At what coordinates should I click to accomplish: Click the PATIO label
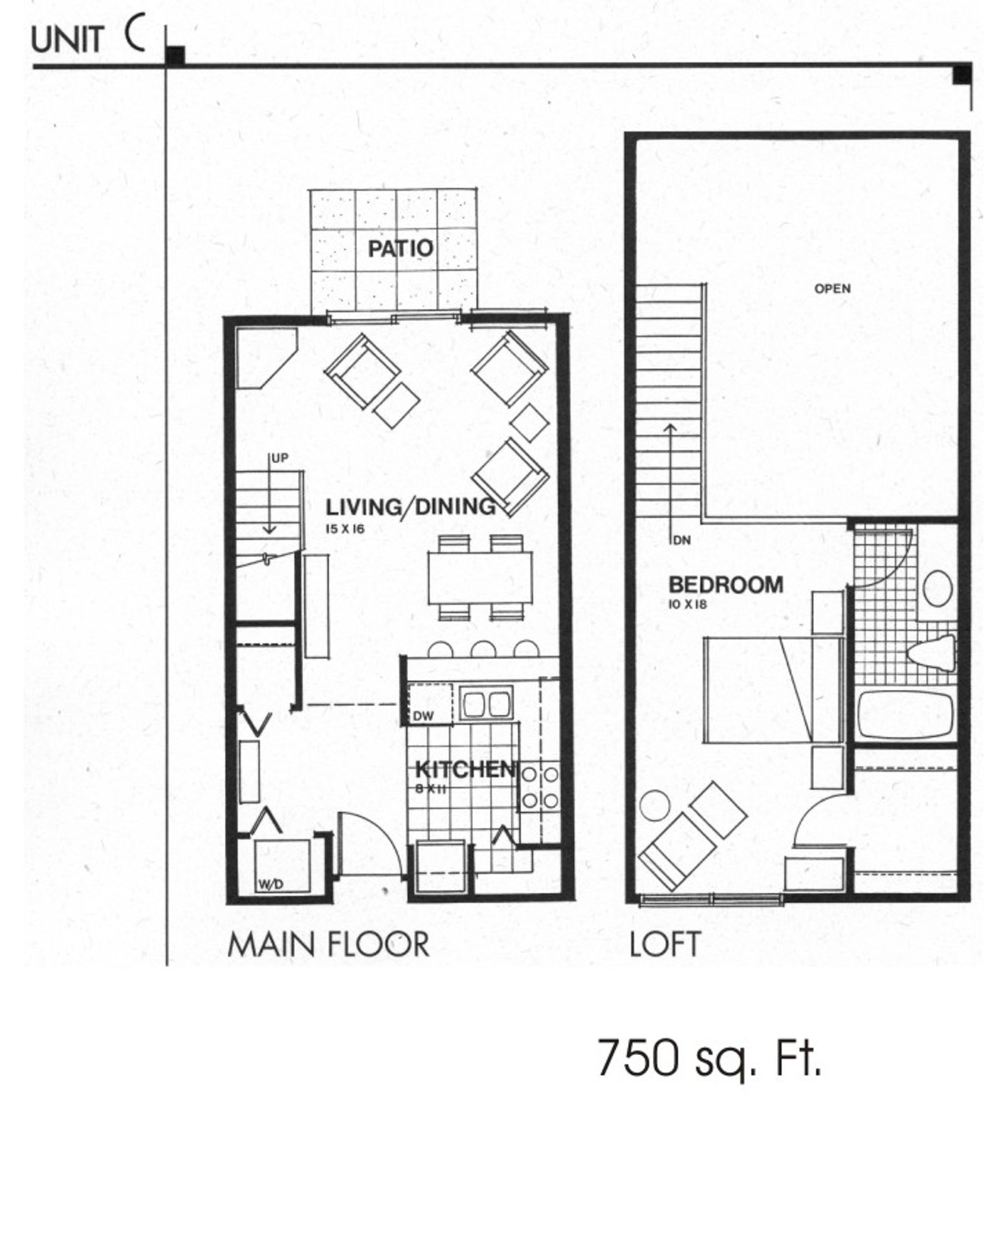[x=400, y=248]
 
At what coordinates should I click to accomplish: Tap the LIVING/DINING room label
[x=410, y=507]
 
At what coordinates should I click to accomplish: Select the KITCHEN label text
[x=465, y=769]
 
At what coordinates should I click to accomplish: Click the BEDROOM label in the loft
[x=725, y=585]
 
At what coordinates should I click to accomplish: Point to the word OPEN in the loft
[x=832, y=289]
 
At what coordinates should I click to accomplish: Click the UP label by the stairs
[x=280, y=458]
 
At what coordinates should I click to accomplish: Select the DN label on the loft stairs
[x=681, y=540]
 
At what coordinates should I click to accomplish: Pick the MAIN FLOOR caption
[x=328, y=944]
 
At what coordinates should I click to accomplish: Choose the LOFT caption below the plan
[x=665, y=944]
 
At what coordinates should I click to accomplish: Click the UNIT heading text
[x=67, y=41]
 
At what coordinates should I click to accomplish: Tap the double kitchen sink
[x=485, y=704]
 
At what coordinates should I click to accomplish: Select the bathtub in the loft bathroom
[x=905, y=715]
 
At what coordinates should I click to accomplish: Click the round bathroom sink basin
[x=937, y=589]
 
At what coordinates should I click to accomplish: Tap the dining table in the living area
[x=479, y=578]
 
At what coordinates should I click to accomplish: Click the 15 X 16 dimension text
[x=345, y=528]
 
